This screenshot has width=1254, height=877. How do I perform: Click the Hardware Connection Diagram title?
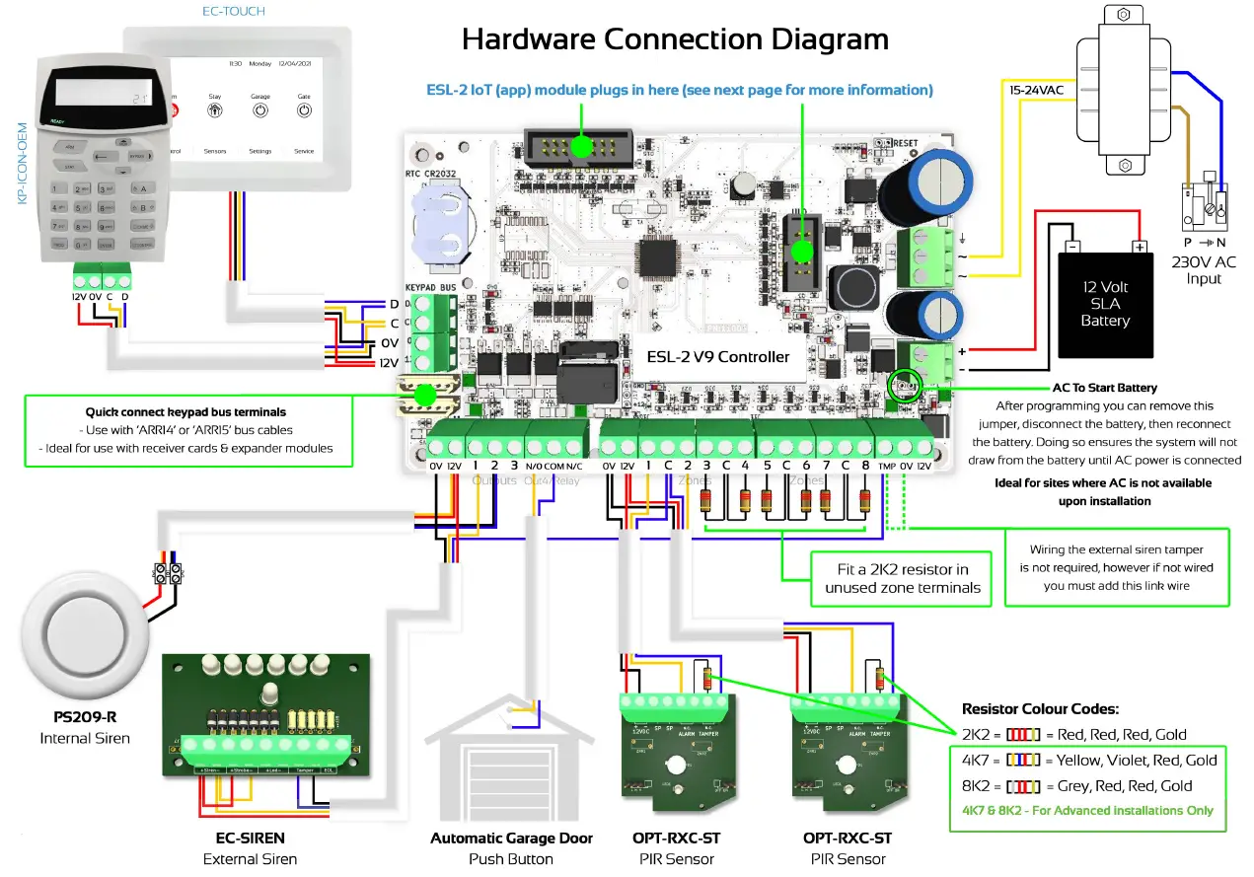pos(675,38)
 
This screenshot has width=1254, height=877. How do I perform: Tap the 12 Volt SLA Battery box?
pos(1105,304)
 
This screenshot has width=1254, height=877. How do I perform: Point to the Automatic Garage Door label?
pos(511,839)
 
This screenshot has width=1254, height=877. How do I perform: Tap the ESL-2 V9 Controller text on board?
pos(717,356)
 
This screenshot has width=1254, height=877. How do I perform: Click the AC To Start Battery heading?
pos(1104,388)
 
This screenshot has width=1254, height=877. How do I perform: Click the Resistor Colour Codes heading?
pos(1041,708)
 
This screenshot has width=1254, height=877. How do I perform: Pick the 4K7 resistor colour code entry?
pos(1089,761)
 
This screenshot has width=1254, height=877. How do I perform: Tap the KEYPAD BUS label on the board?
pos(429,286)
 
